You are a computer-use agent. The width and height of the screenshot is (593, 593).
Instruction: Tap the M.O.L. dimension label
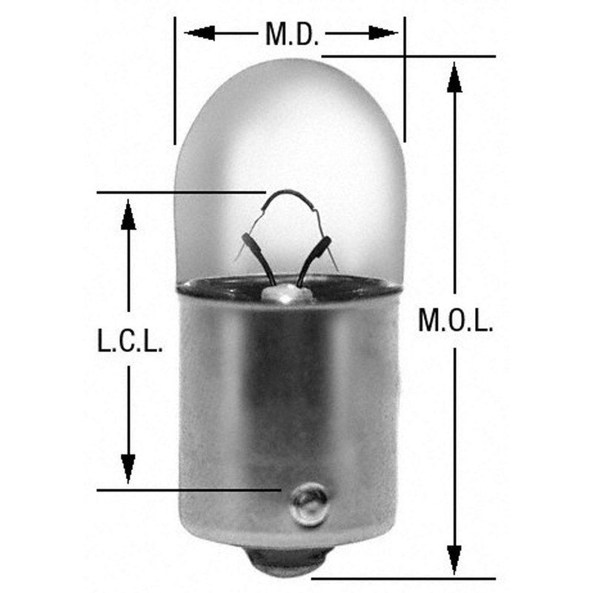(455, 320)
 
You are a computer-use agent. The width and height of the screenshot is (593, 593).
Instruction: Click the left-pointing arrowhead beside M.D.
(199, 33)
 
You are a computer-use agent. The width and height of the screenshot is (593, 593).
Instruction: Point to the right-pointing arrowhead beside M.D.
(384, 33)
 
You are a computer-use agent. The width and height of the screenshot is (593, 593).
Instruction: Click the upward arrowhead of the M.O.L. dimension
(454, 78)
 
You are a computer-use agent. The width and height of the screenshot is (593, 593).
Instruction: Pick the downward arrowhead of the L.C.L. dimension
(129, 468)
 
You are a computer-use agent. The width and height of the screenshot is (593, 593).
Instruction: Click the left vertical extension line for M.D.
(175, 82)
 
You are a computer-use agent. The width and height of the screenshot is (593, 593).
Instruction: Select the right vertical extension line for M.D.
(405, 82)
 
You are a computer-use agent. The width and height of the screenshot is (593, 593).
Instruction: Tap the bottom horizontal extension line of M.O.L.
(393, 578)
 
